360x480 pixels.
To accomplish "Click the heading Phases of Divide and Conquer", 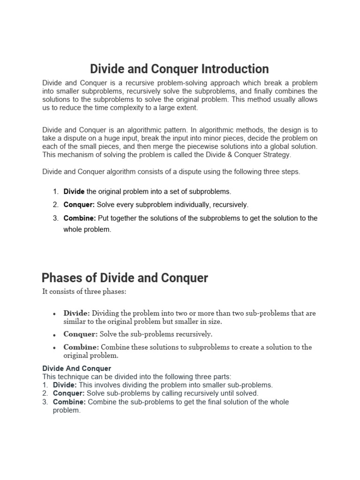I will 125,277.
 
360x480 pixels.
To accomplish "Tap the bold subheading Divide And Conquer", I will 77,368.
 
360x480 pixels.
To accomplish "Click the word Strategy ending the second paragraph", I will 277,154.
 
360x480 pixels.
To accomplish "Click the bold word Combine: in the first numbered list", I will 80,218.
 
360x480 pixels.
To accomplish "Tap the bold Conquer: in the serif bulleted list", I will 81,334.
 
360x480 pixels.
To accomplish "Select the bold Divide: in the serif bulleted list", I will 77,313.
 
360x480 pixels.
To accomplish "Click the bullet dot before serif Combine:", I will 55,348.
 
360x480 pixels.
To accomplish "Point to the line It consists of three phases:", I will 84,292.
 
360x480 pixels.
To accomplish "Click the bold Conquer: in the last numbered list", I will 69,393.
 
